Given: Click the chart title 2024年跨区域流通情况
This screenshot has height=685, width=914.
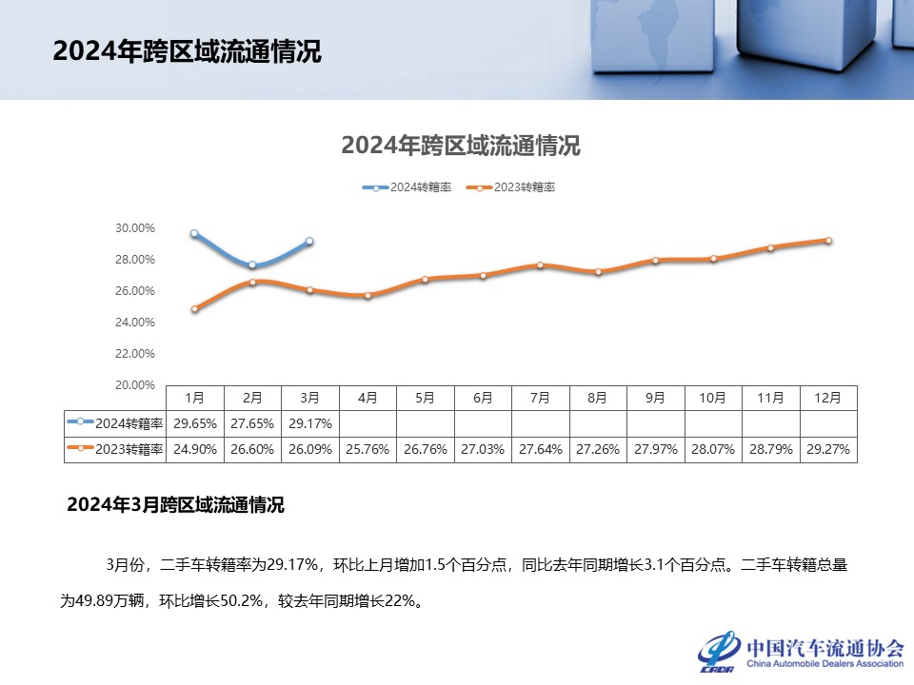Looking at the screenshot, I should tap(460, 147).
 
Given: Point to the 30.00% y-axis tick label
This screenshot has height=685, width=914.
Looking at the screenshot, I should tap(135, 228).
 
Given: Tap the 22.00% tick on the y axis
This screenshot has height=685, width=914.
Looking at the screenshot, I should tap(135, 354).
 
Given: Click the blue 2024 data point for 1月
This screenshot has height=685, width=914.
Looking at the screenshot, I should tap(194, 233).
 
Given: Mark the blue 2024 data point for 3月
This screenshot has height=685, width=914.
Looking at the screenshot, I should tap(309, 242).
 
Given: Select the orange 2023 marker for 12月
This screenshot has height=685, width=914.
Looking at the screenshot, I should tap(828, 241).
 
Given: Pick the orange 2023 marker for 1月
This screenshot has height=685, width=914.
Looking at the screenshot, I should tap(194, 308).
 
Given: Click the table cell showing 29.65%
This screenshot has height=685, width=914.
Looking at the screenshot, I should tap(195, 422).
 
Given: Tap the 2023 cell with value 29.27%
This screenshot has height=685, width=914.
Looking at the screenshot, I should tap(828, 449).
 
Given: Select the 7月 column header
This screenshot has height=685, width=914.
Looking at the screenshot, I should tap(541, 397).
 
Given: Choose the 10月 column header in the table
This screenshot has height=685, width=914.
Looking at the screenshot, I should tap(713, 397).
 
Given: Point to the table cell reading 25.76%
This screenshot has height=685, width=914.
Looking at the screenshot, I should tap(368, 449).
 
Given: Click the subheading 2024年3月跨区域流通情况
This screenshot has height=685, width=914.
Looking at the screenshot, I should tap(175, 505).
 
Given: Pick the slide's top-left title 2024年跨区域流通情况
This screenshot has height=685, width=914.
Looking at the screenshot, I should tap(187, 51).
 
